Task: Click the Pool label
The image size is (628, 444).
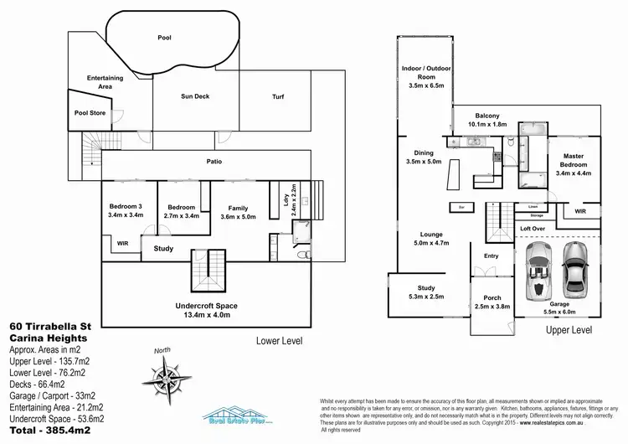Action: tap(165, 38)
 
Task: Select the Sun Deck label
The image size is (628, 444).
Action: tap(195, 96)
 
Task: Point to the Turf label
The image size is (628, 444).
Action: tap(278, 96)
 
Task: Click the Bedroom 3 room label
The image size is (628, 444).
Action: tap(126, 207)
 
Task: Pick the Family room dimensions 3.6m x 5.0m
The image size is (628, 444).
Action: tap(237, 216)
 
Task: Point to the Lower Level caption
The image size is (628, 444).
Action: tap(279, 341)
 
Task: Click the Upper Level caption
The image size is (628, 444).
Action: tap(569, 330)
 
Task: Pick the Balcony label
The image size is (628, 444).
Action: tap(486, 116)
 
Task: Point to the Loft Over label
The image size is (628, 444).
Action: tap(533, 227)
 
